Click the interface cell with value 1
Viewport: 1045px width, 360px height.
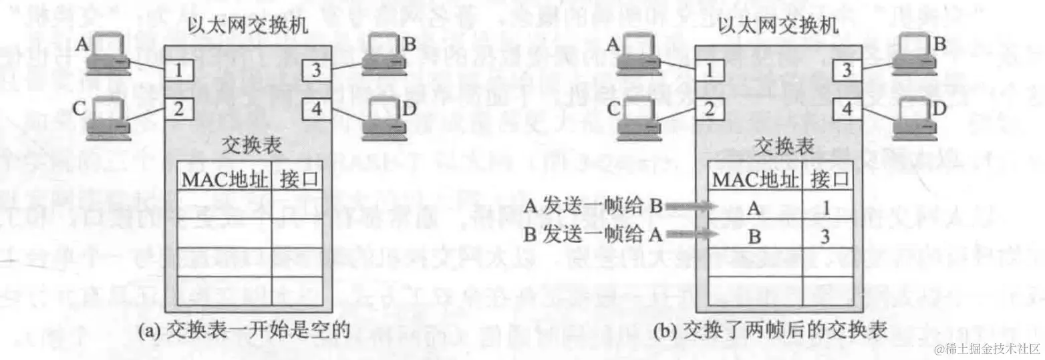[x=827, y=208]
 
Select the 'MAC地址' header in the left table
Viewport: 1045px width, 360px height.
[x=223, y=179]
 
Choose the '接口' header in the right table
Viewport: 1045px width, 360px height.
[x=827, y=179]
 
